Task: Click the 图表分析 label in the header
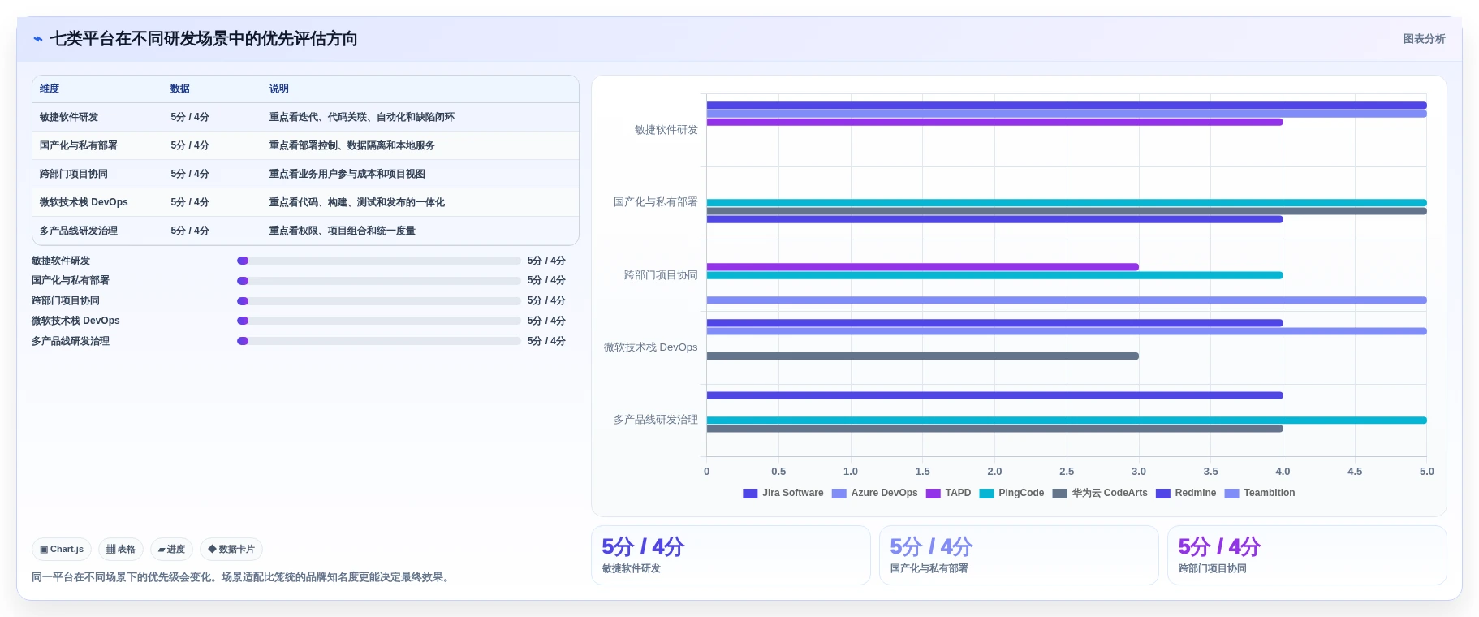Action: tap(1424, 39)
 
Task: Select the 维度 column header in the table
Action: tap(50, 88)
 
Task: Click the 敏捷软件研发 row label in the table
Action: tap(69, 117)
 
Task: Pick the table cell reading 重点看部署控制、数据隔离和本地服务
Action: tap(352, 145)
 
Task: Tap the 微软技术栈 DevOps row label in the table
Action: tap(84, 202)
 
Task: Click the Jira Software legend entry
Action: tap(783, 493)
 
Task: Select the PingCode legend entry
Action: tap(1012, 493)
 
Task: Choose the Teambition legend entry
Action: tap(1260, 493)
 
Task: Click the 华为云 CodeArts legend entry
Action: tap(1100, 493)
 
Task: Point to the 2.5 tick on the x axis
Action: tap(1067, 471)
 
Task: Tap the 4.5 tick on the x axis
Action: tap(1355, 471)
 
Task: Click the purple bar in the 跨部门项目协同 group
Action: tap(923, 267)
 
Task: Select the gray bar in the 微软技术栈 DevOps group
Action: tap(923, 356)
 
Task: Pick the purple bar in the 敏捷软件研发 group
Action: tap(995, 122)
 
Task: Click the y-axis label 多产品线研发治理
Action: tap(656, 420)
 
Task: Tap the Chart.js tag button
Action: tap(62, 550)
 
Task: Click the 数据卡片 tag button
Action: tap(231, 550)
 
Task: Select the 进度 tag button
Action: tap(171, 550)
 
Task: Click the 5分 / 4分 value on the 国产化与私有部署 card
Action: tap(931, 546)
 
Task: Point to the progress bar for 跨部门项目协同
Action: tap(379, 301)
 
